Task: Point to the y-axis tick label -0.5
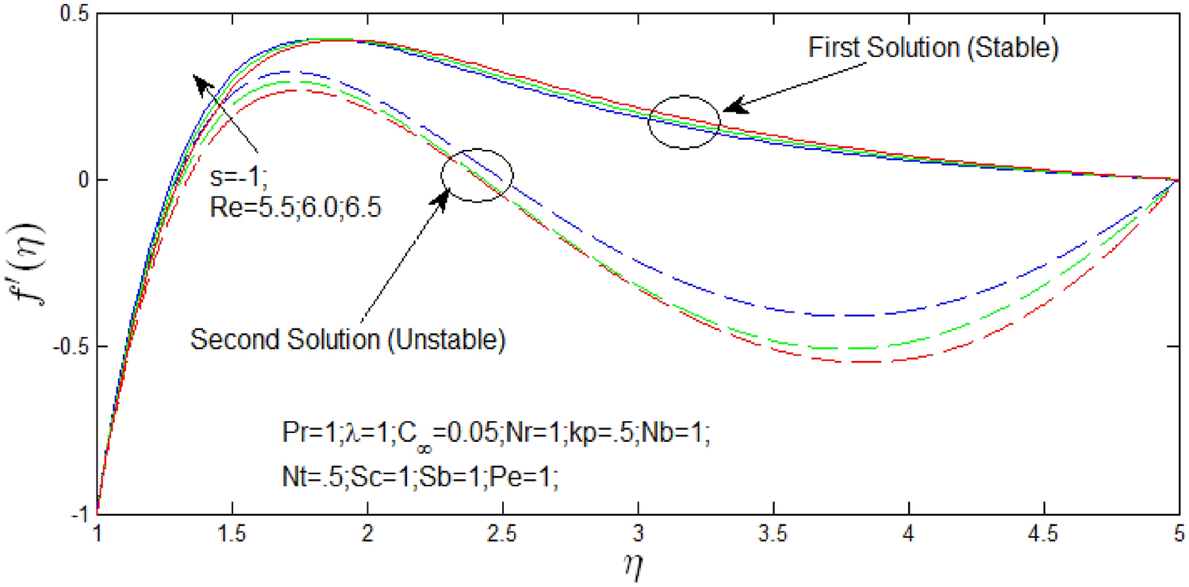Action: pos(75,347)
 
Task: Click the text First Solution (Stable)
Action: pos(934,48)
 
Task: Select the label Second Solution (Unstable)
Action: pos(348,339)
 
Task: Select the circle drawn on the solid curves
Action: pos(684,122)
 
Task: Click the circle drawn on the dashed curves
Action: pos(478,175)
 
